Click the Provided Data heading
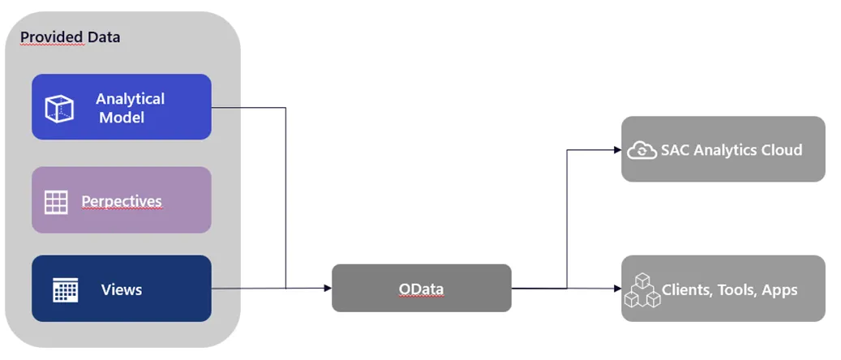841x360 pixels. [70, 37]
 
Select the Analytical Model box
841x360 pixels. [122, 107]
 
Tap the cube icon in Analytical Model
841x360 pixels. [59, 108]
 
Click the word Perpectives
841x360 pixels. [122, 201]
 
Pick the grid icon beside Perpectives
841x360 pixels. [56, 202]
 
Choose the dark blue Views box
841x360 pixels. [122, 289]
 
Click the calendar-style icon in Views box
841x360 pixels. [65, 289]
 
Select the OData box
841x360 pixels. [421, 288]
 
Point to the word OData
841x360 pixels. [421, 289]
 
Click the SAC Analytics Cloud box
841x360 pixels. [723, 149]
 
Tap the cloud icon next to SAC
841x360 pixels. [641, 150]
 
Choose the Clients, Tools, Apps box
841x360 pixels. [723, 289]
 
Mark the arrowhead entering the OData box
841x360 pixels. [328, 288]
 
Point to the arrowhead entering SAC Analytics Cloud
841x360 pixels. [618, 150]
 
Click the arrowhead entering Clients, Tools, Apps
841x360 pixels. [618, 288]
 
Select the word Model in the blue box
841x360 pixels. [122, 118]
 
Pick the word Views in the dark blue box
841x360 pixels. [122, 289]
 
